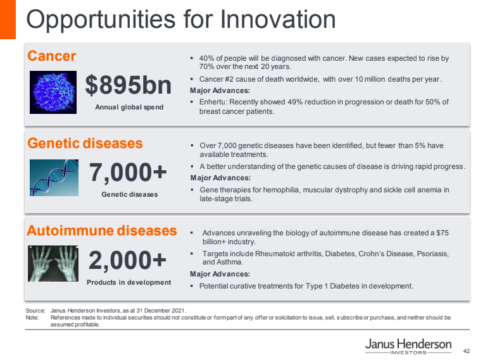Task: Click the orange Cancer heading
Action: (x=51, y=56)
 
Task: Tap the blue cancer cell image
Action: (x=53, y=92)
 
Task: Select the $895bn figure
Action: (x=129, y=85)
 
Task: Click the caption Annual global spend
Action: (x=129, y=107)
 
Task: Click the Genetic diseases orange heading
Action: (x=85, y=144)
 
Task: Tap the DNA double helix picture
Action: (x=54, y=178)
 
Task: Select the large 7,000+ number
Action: (x=128, y=172)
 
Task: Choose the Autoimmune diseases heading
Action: (x=102, y=231)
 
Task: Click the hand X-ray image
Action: (x=53, y=264)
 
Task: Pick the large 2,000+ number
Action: (x=127, y=260)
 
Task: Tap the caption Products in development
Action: (x=129, y=282)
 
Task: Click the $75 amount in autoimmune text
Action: (x=443, y=233)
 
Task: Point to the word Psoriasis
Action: (x=433, y=254)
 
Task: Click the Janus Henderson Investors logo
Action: (x=408, y=346)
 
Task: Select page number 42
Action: (x=466, y=351)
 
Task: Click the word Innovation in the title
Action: (x=278, y=20)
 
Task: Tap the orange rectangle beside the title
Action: (x=8, y=20)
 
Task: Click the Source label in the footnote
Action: (x=35, y=311)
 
